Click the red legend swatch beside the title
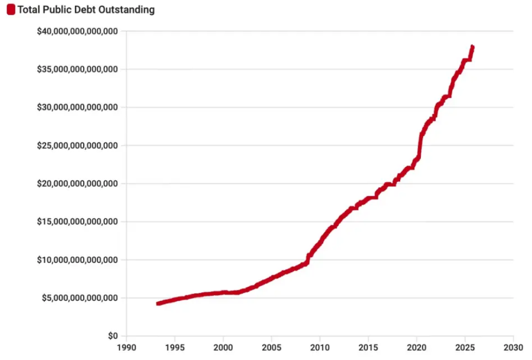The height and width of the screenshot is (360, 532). pos(10,10)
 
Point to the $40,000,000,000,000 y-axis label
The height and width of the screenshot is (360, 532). pos(77,32)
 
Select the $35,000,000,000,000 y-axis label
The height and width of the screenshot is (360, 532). pos(77,70)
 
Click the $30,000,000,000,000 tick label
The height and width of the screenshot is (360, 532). pos(77,108)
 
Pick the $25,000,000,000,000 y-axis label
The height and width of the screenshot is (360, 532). pos(77,146)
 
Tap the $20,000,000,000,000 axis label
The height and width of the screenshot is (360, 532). pos(77,184)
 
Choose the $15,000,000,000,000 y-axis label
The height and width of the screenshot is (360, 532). pos(77,222)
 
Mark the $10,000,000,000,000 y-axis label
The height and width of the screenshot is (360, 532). pos(77,260)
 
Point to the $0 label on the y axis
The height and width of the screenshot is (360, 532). pos(114,336)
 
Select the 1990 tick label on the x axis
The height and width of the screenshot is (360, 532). pos(126,347)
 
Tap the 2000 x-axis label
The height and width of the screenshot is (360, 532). pos(223,347)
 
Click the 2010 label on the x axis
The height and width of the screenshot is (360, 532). pos(320,347)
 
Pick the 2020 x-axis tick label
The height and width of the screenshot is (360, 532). pos(416,347)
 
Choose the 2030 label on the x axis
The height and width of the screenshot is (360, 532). pos(513,347)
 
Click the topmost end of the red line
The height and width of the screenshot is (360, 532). pos(472,47)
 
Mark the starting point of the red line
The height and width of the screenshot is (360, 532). pos(158,303)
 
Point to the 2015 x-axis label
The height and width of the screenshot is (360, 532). pos(368,347)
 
